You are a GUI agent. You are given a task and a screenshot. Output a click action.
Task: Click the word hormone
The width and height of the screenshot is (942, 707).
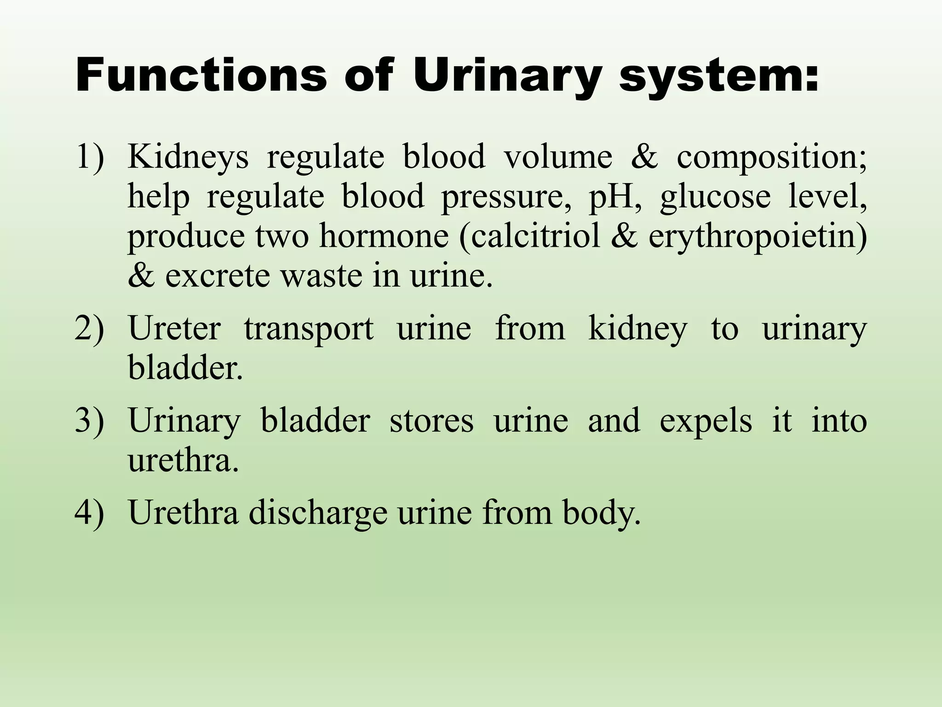tap(384, 236)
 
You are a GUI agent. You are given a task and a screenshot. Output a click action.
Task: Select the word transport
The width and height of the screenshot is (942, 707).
tap(309, 330)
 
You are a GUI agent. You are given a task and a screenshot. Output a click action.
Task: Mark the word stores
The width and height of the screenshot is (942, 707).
tap(431, 421)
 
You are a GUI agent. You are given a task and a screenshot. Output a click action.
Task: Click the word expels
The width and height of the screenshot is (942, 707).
tap(706, 422)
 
